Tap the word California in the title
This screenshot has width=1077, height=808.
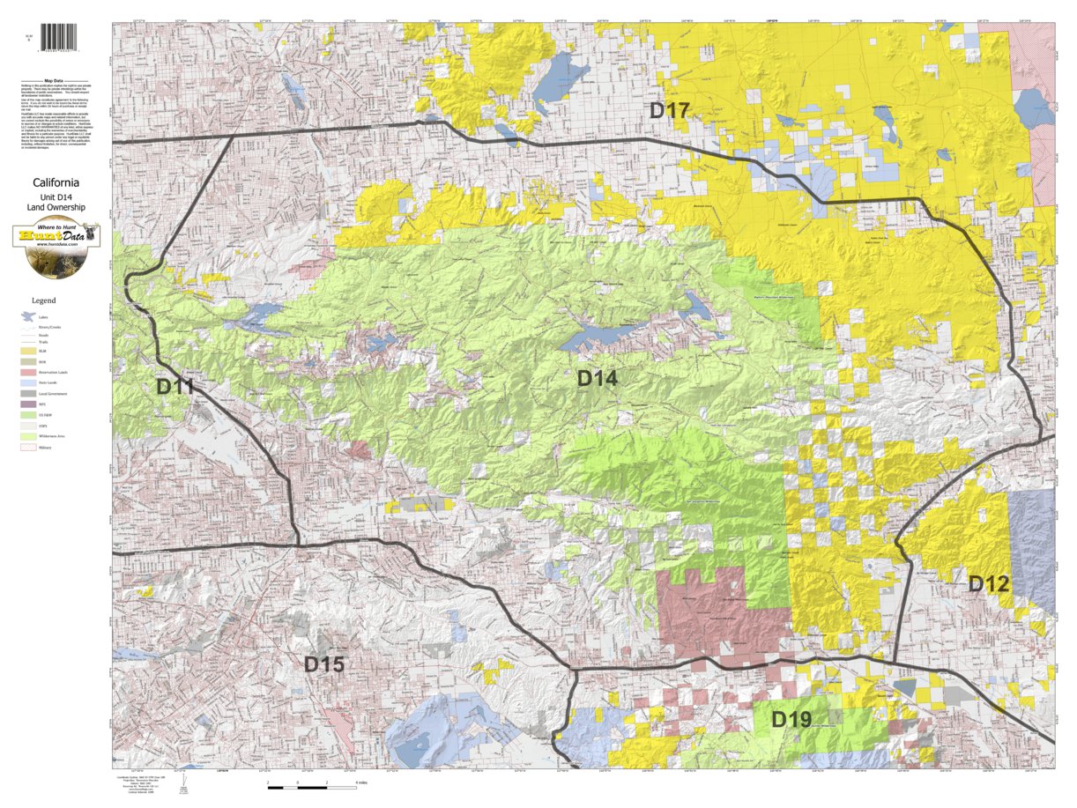click(56, 182)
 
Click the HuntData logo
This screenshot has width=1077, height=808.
click(56, 237)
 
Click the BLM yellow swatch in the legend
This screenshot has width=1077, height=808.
click(28, 351)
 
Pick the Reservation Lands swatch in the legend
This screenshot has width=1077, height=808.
click(28, 372)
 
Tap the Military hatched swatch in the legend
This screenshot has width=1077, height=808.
click(28, 448)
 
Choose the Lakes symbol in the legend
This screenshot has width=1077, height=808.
click(28, 316)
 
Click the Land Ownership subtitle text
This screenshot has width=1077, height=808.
click(56, 207)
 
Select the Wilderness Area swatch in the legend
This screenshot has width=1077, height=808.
click(28, 436)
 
